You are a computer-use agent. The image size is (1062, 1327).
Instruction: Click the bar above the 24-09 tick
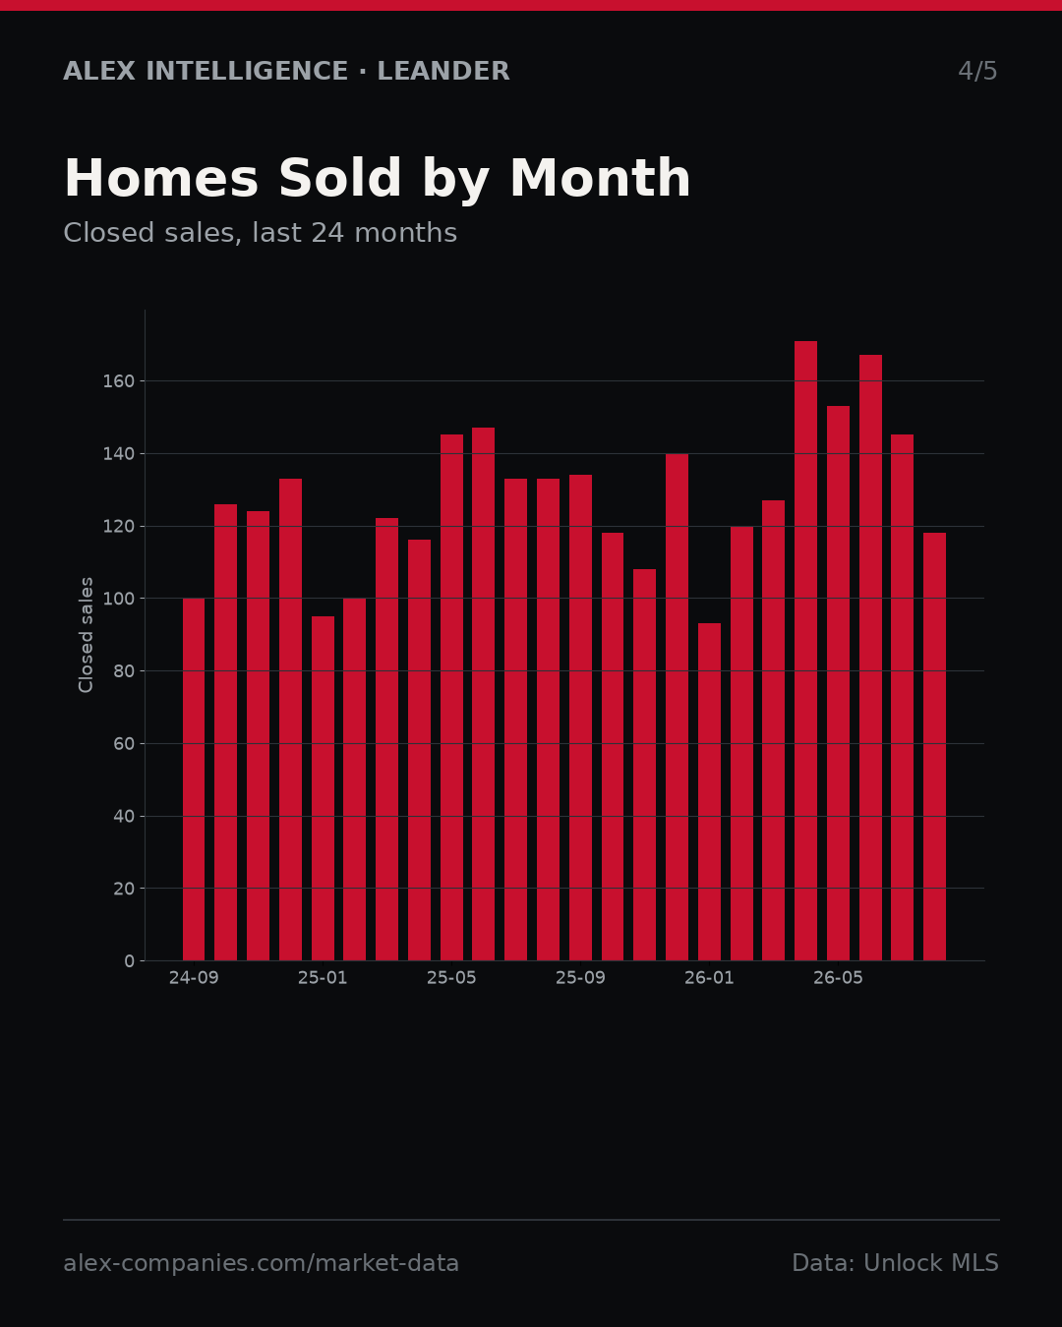coord(193,779)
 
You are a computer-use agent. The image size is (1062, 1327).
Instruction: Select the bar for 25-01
coord(323,788)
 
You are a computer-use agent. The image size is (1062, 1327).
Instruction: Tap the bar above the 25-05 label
coord(451,698)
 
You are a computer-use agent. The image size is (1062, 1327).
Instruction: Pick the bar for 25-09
coord(580,718)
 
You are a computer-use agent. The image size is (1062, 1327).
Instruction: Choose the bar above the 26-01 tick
coord(709,791)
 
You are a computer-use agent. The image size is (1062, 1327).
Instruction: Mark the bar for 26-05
coord(838,682)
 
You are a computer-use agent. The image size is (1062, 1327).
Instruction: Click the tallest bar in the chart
coord(805,651)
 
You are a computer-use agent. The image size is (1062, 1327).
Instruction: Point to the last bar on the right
coord(934,746)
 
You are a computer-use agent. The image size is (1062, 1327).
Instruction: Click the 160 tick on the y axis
coord(118,381)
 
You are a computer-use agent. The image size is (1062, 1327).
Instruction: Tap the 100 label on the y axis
coord(118,599)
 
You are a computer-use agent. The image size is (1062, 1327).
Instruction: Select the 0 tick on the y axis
coord(129,961)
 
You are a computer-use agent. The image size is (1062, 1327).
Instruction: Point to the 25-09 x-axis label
coord(580,979)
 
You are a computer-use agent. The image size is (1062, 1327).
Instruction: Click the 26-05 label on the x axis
coord(838,979)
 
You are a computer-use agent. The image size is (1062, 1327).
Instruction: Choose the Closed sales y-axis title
coord(86,635)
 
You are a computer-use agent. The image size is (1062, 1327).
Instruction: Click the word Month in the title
coord(600,179)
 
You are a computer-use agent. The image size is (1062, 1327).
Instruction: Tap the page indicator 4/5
coord(977,72)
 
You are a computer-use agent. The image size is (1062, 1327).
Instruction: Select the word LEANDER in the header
coord(443,72)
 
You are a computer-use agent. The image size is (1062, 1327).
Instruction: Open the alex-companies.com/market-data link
coord(261,1263)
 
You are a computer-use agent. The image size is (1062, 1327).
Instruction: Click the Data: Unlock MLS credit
coord(895,1263)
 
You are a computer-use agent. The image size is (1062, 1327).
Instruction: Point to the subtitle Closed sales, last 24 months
coord(260,233)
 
